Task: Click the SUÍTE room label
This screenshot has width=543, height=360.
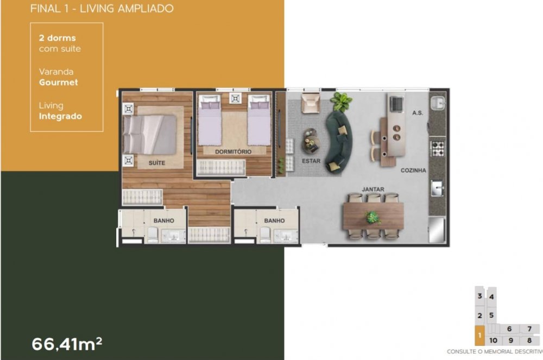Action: click(x=156, y=163)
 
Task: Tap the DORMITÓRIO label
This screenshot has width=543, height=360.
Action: click(x=233, y=152)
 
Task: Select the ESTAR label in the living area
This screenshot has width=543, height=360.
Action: click(x=312, y=161)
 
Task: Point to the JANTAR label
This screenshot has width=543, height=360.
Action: click(x=373, y=190)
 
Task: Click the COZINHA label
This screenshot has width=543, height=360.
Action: click(x=413, y=170)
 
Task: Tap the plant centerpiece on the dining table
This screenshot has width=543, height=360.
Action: click(x=372, y=218)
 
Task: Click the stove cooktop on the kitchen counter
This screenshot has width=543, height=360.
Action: click(x=437, y=147)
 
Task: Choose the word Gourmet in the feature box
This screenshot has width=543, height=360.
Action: click(x=58, y=83)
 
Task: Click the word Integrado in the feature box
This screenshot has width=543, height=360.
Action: click(x=60, y=116)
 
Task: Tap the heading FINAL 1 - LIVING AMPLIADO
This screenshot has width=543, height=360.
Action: click(x=102, y=9)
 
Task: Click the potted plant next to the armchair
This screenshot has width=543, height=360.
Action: click(x=342, y=101)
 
